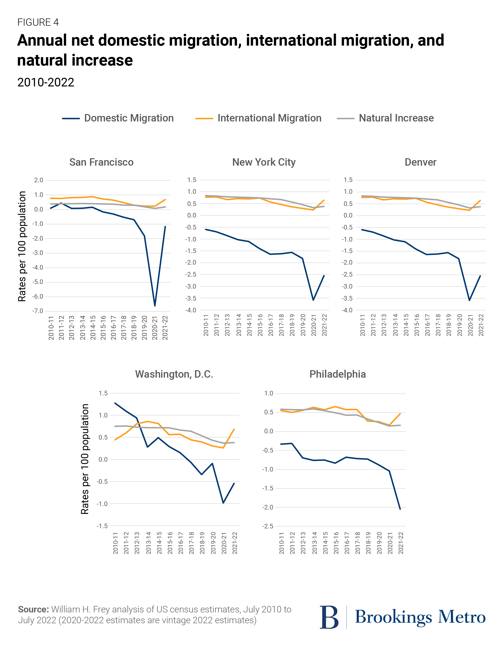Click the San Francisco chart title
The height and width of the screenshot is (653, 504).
[x=101, y=162]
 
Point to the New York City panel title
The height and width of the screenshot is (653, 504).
[x=264, y=162]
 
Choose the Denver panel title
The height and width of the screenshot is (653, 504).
[x=420, y=162]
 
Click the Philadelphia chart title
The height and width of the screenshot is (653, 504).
[x=337, y=374]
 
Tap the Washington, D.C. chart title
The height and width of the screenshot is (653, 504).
[x=174, y=374]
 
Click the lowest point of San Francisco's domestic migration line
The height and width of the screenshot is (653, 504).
[x=155, y=306]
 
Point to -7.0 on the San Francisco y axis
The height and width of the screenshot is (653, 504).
[x=38, y=311]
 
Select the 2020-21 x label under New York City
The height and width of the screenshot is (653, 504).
[x=313, y=325]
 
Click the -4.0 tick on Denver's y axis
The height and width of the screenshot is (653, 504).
[x=347, y=310]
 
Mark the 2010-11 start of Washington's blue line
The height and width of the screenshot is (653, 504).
[x=115, y=403]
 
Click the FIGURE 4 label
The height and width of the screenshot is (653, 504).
[x=38, y=22]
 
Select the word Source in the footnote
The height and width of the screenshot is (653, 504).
[x=33, y=609]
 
